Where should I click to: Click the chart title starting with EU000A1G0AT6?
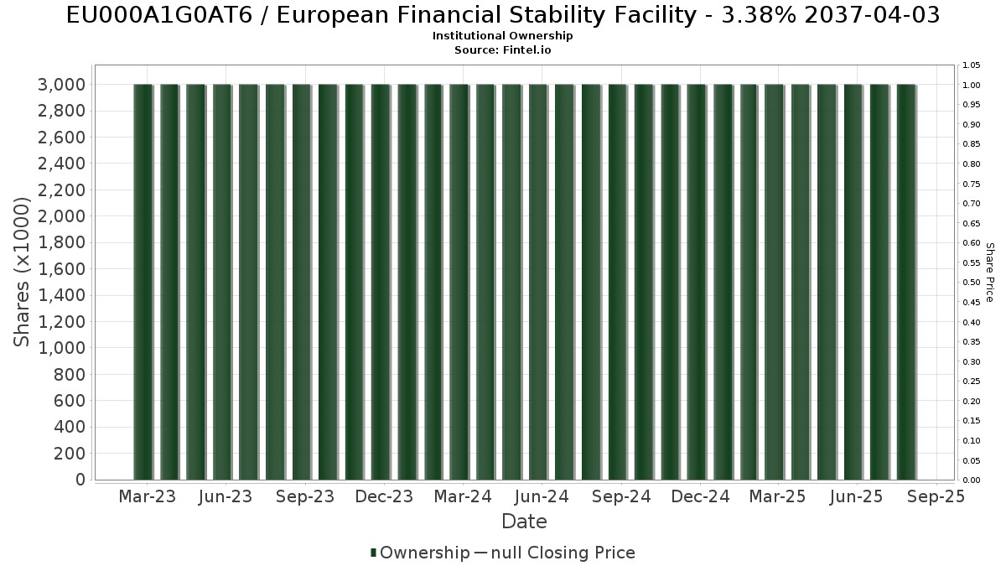coord(502,15)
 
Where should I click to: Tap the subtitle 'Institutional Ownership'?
coord(502,36)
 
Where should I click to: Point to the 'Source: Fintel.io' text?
coord(502,49)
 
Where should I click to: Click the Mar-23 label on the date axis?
coord(147,497)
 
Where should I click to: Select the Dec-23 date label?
coord(384,497)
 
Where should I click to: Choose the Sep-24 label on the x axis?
coord(621,497)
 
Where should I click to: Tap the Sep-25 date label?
coord(936,497)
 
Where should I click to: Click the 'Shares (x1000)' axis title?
coord(23,273)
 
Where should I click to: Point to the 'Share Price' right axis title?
coord(990,273)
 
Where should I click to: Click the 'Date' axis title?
coord(524,522)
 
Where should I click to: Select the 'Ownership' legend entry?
coord(424,553)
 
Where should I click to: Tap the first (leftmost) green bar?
coord(143,282)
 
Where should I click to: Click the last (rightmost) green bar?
coord(906,282)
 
